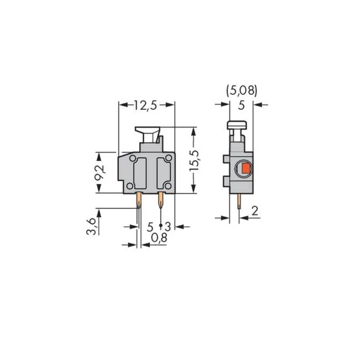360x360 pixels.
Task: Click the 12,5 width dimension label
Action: (x=146, y=105)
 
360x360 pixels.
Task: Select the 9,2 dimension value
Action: (x=99, y=172)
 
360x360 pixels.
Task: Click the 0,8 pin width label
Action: (x=159, y=237)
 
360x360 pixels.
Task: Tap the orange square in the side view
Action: (x=246, y=168)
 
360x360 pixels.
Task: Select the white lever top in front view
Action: (x=148, y=129)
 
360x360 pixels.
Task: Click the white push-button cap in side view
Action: (x=237, y=125)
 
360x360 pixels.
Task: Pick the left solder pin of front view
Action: (x=139, y=200)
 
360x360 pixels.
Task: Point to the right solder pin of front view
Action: (x=161, y=200)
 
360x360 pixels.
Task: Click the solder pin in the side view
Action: (x=239, y=202)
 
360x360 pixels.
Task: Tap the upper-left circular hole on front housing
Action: (x=133, y=158)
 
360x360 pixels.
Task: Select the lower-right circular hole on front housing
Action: (x=167, y=185)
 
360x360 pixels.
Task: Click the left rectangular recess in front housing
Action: (x=140, y=173)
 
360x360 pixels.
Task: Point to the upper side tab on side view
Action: (x=226, y=159)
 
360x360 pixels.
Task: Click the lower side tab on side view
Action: (x=226, y=181)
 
